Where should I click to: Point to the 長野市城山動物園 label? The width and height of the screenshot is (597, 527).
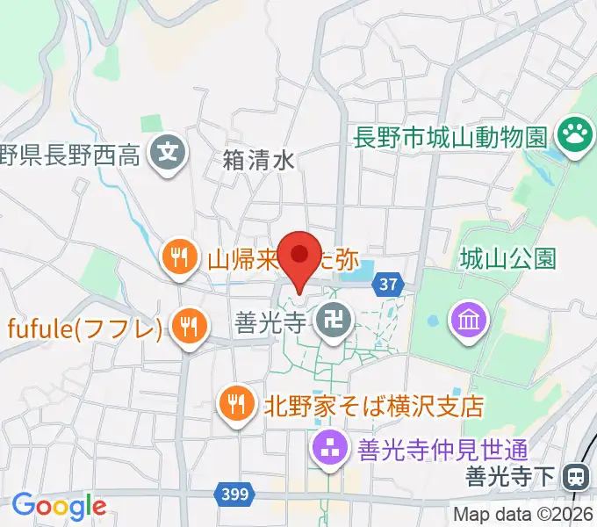click(x=450, y=137)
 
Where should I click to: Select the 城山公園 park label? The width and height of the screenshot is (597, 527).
click(x=508, y=258)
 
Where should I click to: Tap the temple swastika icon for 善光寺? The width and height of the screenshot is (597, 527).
click(x=334, y=322)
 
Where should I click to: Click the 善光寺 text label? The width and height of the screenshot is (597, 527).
click(x=270, y=323)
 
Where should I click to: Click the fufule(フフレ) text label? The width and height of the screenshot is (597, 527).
click(x=85, y=328)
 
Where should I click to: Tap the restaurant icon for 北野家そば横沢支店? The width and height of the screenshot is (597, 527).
click(x=235, y=403)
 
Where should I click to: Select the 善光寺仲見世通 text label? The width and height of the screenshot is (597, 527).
click(x=442, y=451)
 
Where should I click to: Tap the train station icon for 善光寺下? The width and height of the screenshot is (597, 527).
click(x=577, y=478)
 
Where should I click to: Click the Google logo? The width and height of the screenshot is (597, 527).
click(x=58, y=505)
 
